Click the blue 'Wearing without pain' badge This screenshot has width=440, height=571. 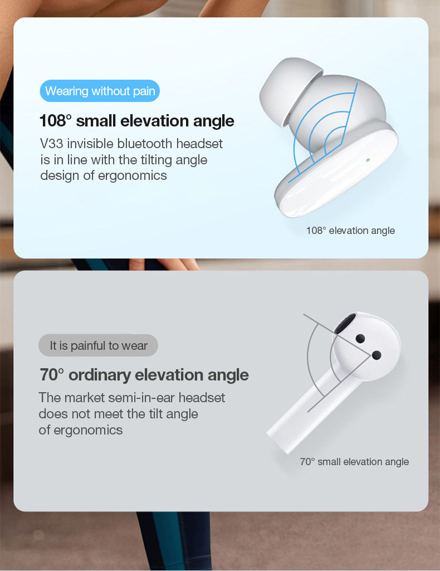[x=100, y=91]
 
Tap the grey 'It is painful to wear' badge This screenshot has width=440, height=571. [x=98, y=345]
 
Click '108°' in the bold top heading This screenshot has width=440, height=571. [x=53, y=120]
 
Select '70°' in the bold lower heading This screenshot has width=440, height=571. [x=51, y=375]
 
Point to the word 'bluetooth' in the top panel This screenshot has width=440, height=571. [x=144, y=144]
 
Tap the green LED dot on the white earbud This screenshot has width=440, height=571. [x=368, y=159]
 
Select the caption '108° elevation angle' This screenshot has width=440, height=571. [x=350, y=231]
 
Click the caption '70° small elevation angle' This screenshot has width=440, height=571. [x=354, y=462]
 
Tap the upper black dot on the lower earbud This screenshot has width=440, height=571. [x=360, y=339]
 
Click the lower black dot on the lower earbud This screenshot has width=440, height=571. [x=377, y=355]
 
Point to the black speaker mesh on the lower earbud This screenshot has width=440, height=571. [x=345, y=323]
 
